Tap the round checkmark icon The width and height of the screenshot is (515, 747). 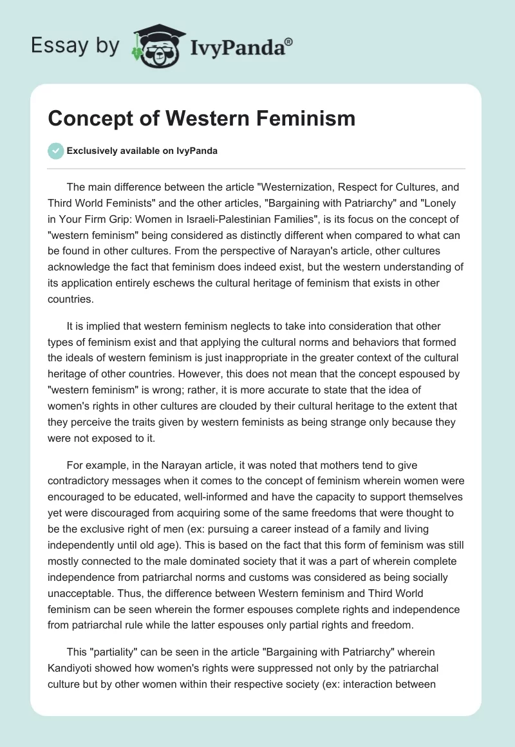[55, 151]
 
